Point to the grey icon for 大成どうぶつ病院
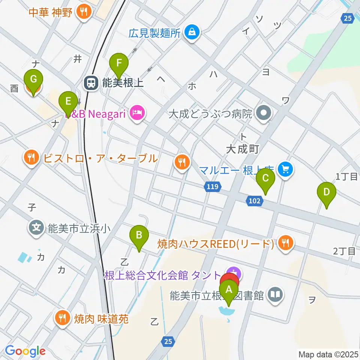[264, 113]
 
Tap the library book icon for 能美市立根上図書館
[276, 295]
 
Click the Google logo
[25, 351]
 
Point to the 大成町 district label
[243, 150]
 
